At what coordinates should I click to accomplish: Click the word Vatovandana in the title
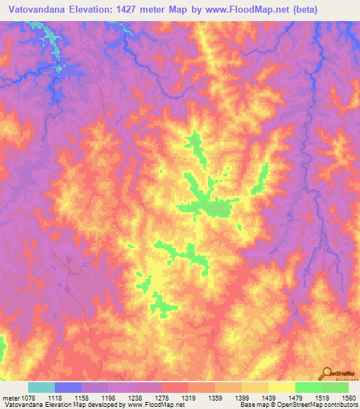(36, 10)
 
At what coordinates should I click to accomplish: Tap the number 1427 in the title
(132, 10)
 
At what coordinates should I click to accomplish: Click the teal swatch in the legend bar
(41, 387)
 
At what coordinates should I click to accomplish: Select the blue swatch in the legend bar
(68, 387)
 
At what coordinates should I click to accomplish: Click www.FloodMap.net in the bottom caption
(149, 405)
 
